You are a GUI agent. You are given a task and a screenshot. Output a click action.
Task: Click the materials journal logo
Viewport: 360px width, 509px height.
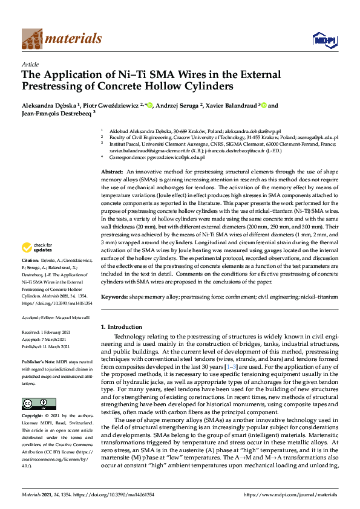[x=62, y=39]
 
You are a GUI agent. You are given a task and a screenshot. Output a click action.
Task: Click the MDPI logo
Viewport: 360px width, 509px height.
[x=324, y=40]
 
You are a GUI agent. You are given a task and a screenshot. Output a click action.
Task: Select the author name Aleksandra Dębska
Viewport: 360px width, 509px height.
[x=48, y=106]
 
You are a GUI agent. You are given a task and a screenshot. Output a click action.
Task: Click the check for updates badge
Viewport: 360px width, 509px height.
[x=36, y=247]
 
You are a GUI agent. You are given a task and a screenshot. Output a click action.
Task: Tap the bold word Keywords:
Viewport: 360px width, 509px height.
[x=114, y=297]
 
